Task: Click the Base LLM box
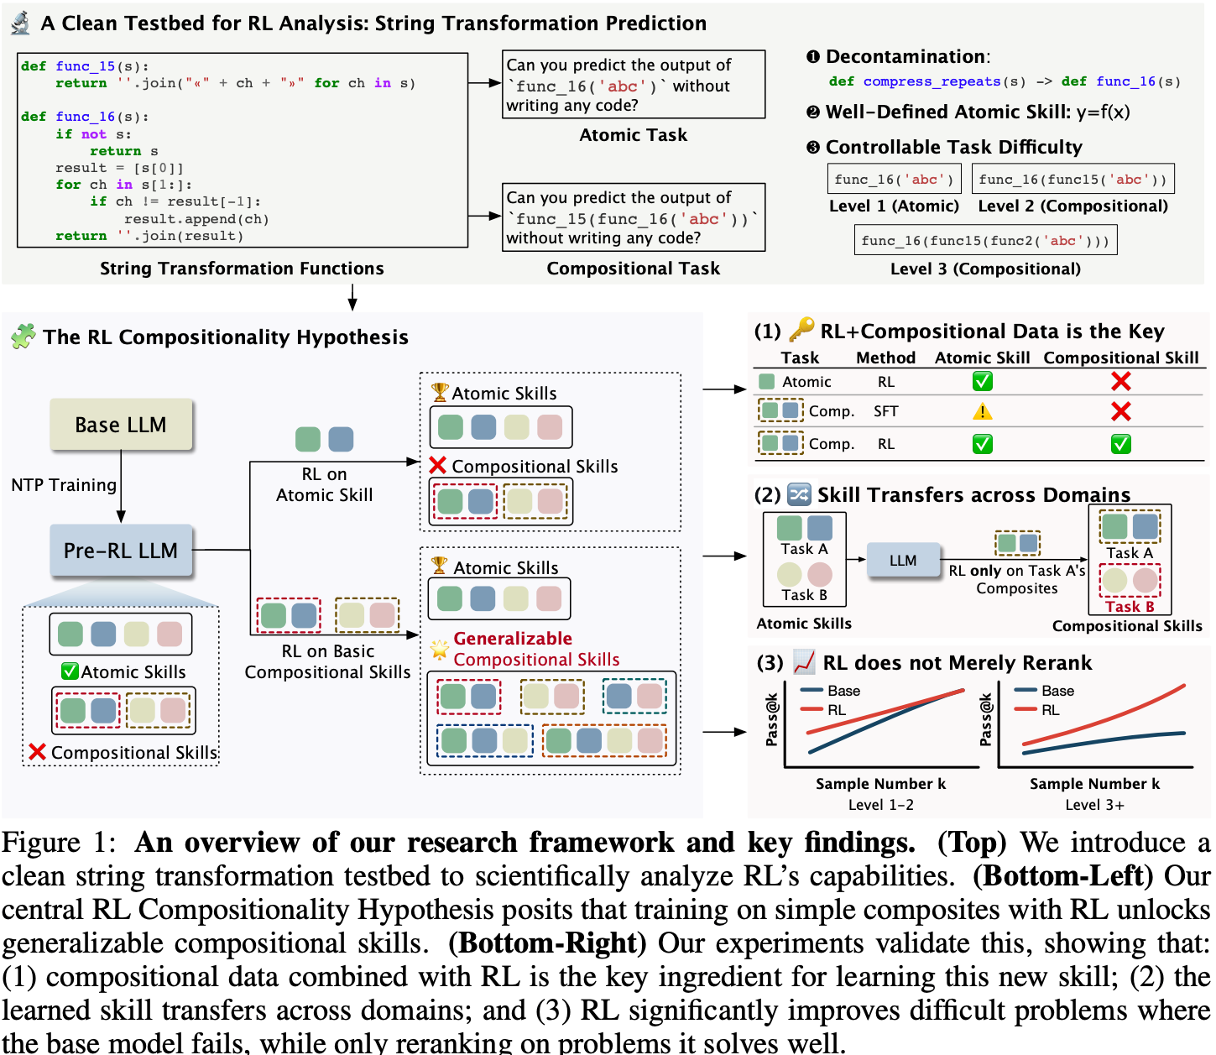pyautogui.click(x=121, y=425)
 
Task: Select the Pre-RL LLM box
pyautogui.click(x=121, y=551)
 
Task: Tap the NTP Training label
pyautogui.click(x=64, y=485)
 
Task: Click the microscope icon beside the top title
pyautogui.click(x=20, y=23)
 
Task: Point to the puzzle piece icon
pyautogui.click(x=23, y=337)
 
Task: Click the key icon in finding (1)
pyautogui.click(x=801, y=330)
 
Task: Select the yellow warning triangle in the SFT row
pyautogui.click(x=982, y=411)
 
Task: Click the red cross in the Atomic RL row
pyautogui.click(x=1120, y=382)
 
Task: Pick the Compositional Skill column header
pyautogui.click(x=1120, y=358)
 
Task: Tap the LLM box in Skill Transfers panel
pyautogui.click(x=903, y=560)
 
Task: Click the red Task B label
pyautogui.click(x=1130, y=606)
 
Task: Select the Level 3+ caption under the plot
pyautogui.click(x=1094, y=805)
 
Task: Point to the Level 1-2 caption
pyautogui.click(x=880, y=805)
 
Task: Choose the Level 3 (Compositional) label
pyautogui.click(x=985, y=269)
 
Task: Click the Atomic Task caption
pyautogui.click(x=633, y=135)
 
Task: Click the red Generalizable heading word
pyautogui.click(x=513, y=639)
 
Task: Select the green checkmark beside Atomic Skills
pyautogui.click(x=70, y=671)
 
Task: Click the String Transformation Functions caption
pyautogui.click(x=242, y=269)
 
